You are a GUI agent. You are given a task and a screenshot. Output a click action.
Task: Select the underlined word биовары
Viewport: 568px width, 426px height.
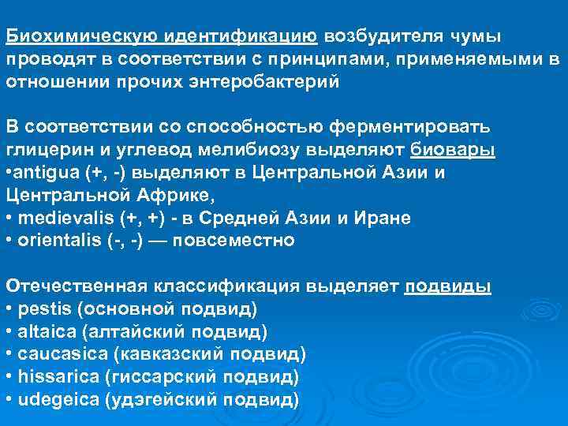(x=454, y=150)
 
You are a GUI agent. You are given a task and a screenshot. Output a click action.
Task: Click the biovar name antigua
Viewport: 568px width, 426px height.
(x=47, y=172)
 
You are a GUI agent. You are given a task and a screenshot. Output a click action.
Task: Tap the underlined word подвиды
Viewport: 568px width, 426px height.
(x=448, y=286)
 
